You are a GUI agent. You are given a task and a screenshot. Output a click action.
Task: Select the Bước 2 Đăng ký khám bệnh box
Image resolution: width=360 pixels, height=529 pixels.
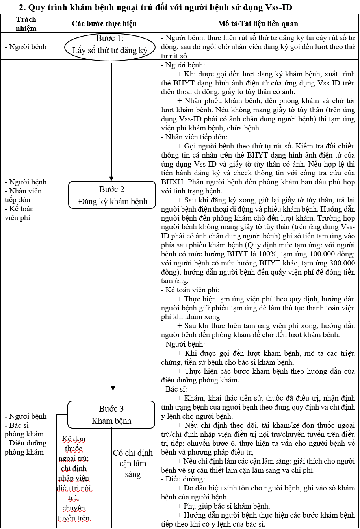[x=112, y=195]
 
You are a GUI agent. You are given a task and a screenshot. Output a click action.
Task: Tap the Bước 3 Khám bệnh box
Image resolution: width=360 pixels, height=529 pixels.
[x=111, y=415]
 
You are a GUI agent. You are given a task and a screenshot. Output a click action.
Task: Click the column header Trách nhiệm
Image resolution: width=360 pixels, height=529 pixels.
[x=26, y=24]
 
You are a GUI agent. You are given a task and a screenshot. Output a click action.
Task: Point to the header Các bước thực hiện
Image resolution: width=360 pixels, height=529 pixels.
[x=104, y=24]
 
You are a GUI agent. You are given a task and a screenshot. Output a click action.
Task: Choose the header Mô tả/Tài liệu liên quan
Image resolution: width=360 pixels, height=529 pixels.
[x=258, y=24]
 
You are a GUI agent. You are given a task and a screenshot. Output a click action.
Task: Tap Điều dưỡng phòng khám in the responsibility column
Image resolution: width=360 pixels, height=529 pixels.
[x=26, y=447]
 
